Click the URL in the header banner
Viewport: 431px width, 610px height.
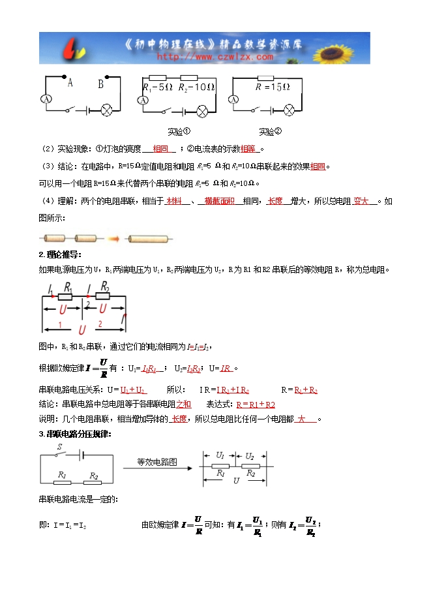pos(215,57)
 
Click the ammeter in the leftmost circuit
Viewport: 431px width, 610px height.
pos(46,99)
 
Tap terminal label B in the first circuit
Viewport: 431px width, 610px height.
pos(100,83)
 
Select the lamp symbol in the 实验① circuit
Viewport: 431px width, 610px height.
pos(202,110)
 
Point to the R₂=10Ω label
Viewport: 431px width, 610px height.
pos(197,87)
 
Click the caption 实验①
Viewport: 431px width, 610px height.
pos(178,131)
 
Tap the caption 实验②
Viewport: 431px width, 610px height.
pos(269,131)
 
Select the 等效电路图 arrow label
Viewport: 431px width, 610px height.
pos(157,462)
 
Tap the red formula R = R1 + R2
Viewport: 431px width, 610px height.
pos(256,404)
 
